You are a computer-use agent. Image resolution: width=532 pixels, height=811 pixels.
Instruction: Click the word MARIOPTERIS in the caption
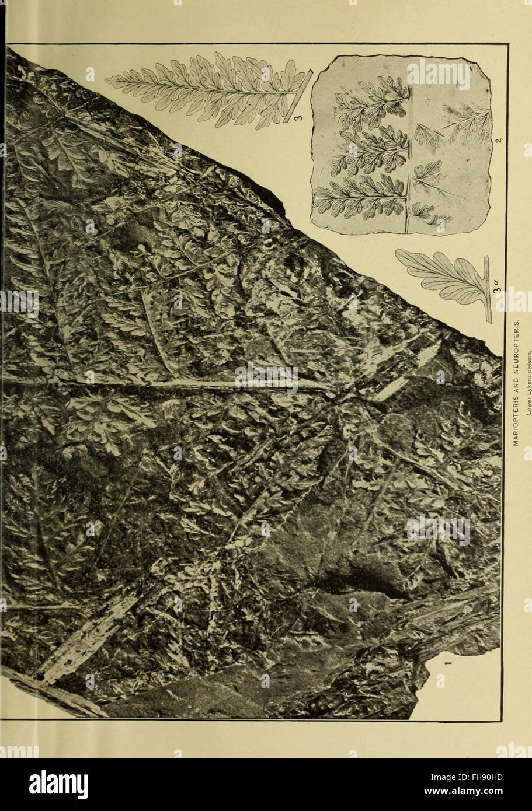point(516,417)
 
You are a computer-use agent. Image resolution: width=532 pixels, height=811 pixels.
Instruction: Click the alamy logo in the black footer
point(58,785)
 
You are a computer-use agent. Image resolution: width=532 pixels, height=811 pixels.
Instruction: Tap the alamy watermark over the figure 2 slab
point(438,74)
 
